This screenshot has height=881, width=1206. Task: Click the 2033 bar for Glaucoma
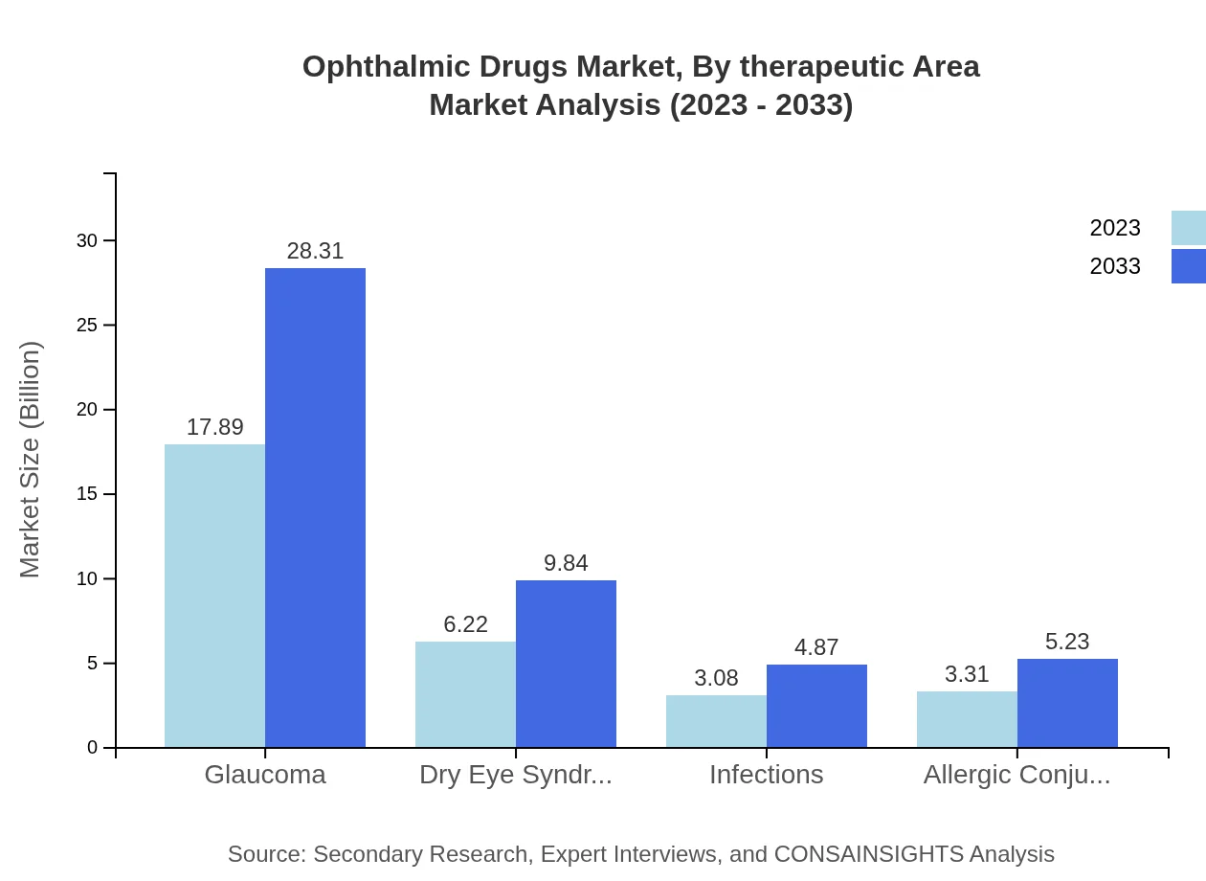click(315, 508)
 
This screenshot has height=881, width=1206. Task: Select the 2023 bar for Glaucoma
click(214, 596)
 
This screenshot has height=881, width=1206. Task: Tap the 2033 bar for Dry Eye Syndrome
click(566, 664)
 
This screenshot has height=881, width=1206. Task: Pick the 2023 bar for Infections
click(716, 721)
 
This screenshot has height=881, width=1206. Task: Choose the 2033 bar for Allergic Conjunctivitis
click(1067, 703)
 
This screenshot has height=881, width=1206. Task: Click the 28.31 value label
click(315, 251)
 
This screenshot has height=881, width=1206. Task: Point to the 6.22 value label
click(465, 624)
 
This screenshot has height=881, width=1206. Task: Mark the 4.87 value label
click(816, 647)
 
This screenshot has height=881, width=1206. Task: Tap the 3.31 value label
click(967, 674)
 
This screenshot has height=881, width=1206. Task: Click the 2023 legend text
click(1115, 228)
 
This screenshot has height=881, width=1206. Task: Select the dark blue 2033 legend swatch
click(1189, 266)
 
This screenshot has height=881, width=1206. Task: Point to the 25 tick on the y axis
click(87, 326)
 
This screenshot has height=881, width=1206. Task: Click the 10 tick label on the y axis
click(87, 579)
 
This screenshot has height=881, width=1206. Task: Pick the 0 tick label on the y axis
click(93, 748)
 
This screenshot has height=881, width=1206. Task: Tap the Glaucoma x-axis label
click(265, 775)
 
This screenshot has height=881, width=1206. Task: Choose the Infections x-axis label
click(766, 775)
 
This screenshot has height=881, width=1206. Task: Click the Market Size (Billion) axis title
click(31, 460)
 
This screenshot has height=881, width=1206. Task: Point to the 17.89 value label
click(214, 427)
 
